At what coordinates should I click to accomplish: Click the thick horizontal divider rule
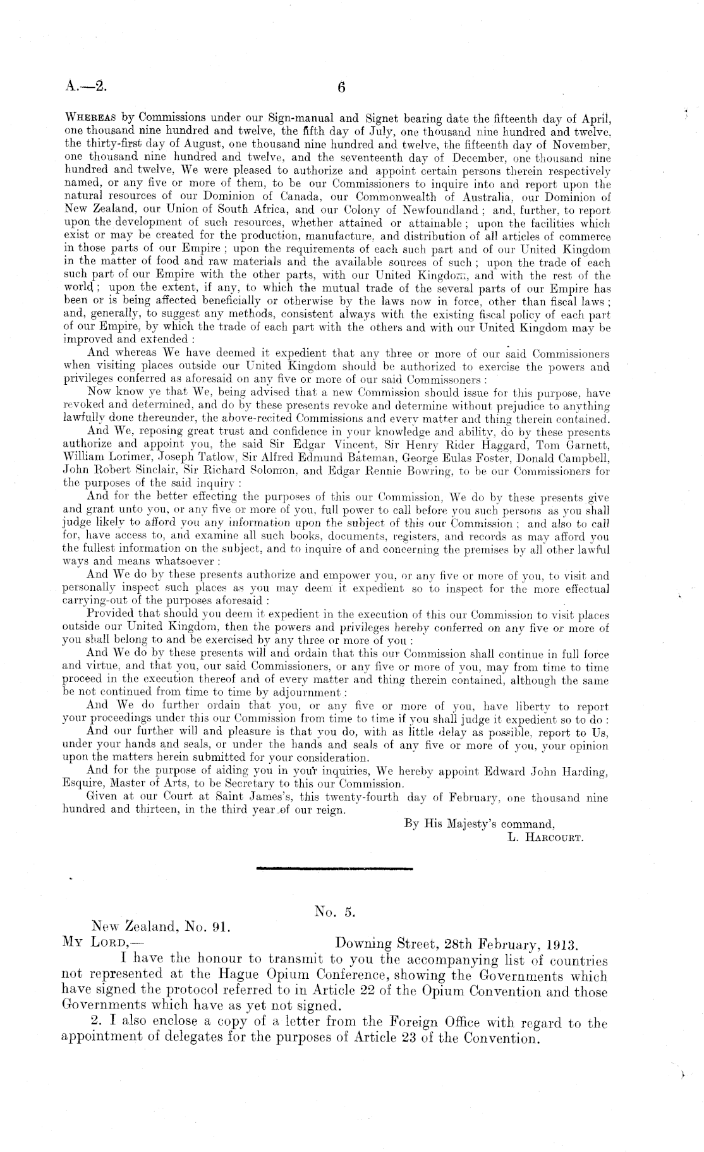[335, 870]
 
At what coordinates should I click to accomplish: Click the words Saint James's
[250, 798]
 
